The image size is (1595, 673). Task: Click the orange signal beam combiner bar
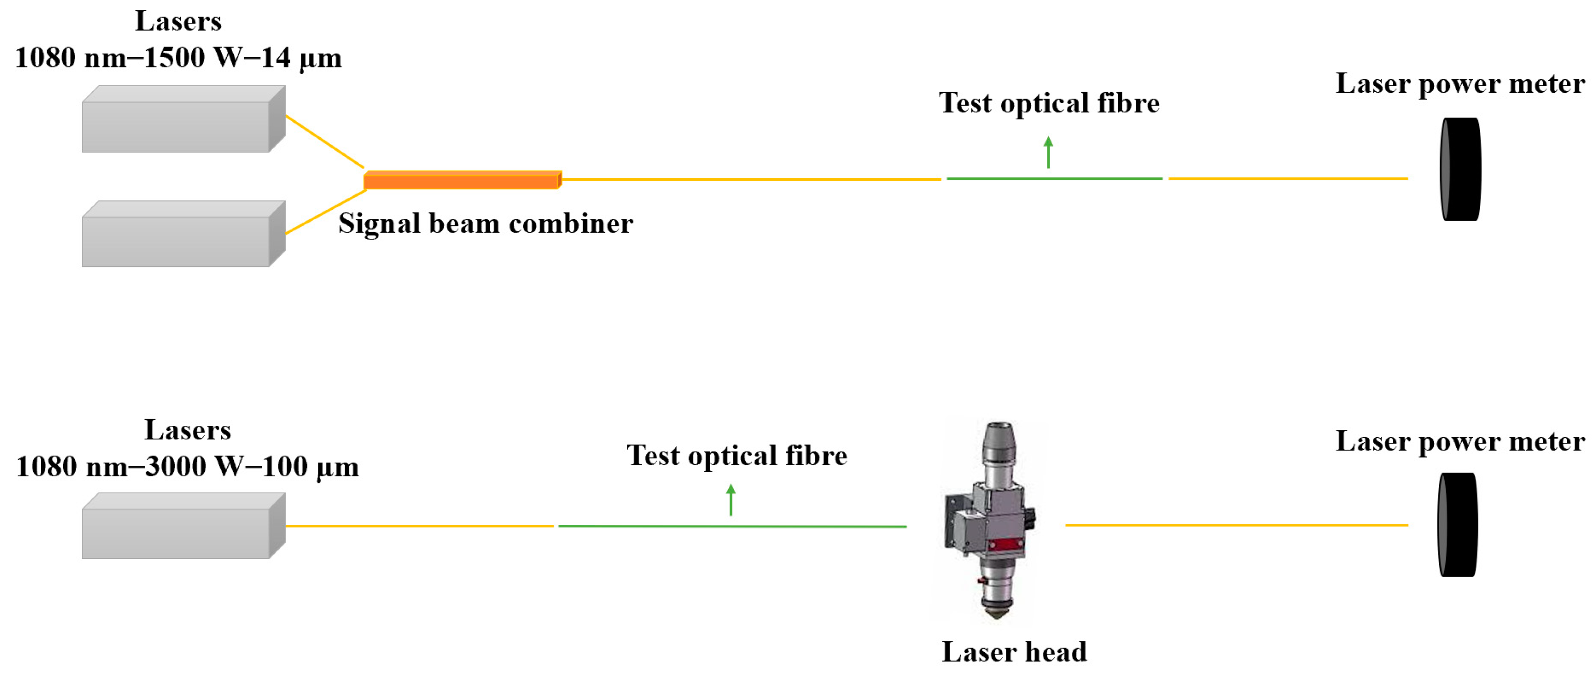click(x=462, y=180)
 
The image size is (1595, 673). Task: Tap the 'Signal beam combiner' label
click(x=485, y=223)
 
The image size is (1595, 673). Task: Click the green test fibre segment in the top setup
click(x=1054, y=179)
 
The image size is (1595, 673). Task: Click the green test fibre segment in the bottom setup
click(x=732, y=526)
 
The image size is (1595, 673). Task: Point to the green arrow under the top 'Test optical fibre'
click(x=1048, y=152)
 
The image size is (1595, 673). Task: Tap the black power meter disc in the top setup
click(x=1461, y=169)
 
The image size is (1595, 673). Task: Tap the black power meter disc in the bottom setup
click(x=1458, y=525)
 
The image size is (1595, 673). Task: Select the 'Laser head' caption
click(x=1014, y=651)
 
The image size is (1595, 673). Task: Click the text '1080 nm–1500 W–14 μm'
click(x=178, y=58)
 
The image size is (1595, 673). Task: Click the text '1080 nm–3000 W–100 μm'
click(x=187, y=467)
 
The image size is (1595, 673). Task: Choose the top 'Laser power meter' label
click(x=1460, y=83)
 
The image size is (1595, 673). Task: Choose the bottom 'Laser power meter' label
click(x=1460, y=441)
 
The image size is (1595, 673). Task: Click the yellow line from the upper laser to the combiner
click(x=324, y=142)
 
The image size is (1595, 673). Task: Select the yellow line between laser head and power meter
click(x=1236, y=525)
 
